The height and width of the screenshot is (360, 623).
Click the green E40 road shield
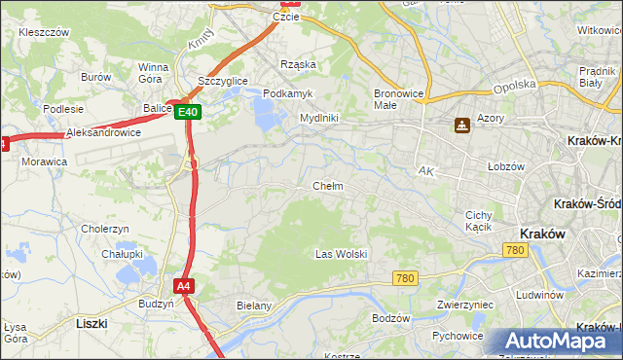pos(189,113)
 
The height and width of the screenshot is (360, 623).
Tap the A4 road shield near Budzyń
pos(184,286)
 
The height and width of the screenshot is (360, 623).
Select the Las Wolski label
pos(341,254)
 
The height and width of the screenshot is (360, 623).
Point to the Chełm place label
pos(327,186)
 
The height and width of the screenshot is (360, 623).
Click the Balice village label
pos(157,108)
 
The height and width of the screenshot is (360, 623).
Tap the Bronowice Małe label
pos(397,99)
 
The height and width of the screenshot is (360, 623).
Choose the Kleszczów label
pos(43,32)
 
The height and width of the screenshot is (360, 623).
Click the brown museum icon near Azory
pos(461,126)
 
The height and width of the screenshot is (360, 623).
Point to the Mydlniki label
pos(318,118)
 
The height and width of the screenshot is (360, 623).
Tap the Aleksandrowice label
pos(103,132)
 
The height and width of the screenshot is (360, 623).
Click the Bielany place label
pos(254,306)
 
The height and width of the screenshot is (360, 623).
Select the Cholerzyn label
pos(105,229)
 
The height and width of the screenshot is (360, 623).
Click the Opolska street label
pos(515,86)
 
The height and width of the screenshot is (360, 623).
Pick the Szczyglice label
pos(223,81)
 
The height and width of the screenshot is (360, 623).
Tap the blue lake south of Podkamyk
pos(266,115)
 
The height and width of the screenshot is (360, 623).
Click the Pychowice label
pos(458,336)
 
